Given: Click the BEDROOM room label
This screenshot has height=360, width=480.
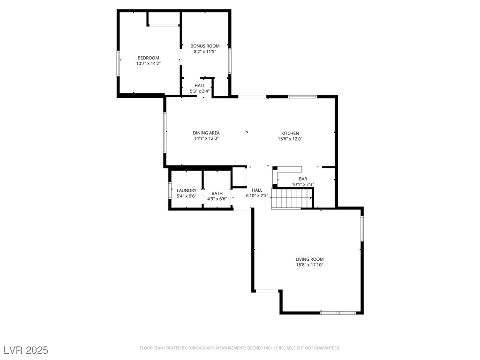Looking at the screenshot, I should coord(148,58).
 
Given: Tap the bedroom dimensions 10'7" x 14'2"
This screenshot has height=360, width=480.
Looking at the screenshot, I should coord(148,63).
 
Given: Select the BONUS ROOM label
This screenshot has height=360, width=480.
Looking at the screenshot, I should coord(205,46).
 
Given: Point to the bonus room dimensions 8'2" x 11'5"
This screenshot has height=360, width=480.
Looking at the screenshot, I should coord(205,52).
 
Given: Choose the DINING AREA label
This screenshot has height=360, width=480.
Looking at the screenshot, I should coord(206,133).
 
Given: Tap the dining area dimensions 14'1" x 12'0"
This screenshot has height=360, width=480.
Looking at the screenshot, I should coord(206,139).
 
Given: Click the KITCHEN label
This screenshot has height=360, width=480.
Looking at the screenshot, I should coord(290,133).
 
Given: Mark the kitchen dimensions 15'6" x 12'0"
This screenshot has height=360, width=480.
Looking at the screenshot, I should coord(290,139).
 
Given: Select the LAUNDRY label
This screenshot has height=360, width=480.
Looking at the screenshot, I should coord(186,190).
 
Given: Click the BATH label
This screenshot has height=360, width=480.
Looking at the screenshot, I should coord(217,193).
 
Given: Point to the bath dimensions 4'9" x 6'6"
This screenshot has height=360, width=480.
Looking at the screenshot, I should coord(217,199).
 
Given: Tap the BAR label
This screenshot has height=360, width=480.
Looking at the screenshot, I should coord(303,179).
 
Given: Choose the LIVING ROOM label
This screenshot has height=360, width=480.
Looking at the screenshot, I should coord(309,259).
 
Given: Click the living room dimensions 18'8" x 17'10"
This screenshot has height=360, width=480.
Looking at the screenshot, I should coord(309,265).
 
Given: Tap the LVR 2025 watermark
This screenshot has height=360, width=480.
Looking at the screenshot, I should coord(26,350).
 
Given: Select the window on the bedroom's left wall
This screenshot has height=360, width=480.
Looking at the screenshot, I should coord(118,63).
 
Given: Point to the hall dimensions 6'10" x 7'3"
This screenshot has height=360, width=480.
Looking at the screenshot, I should coord(257,196).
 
